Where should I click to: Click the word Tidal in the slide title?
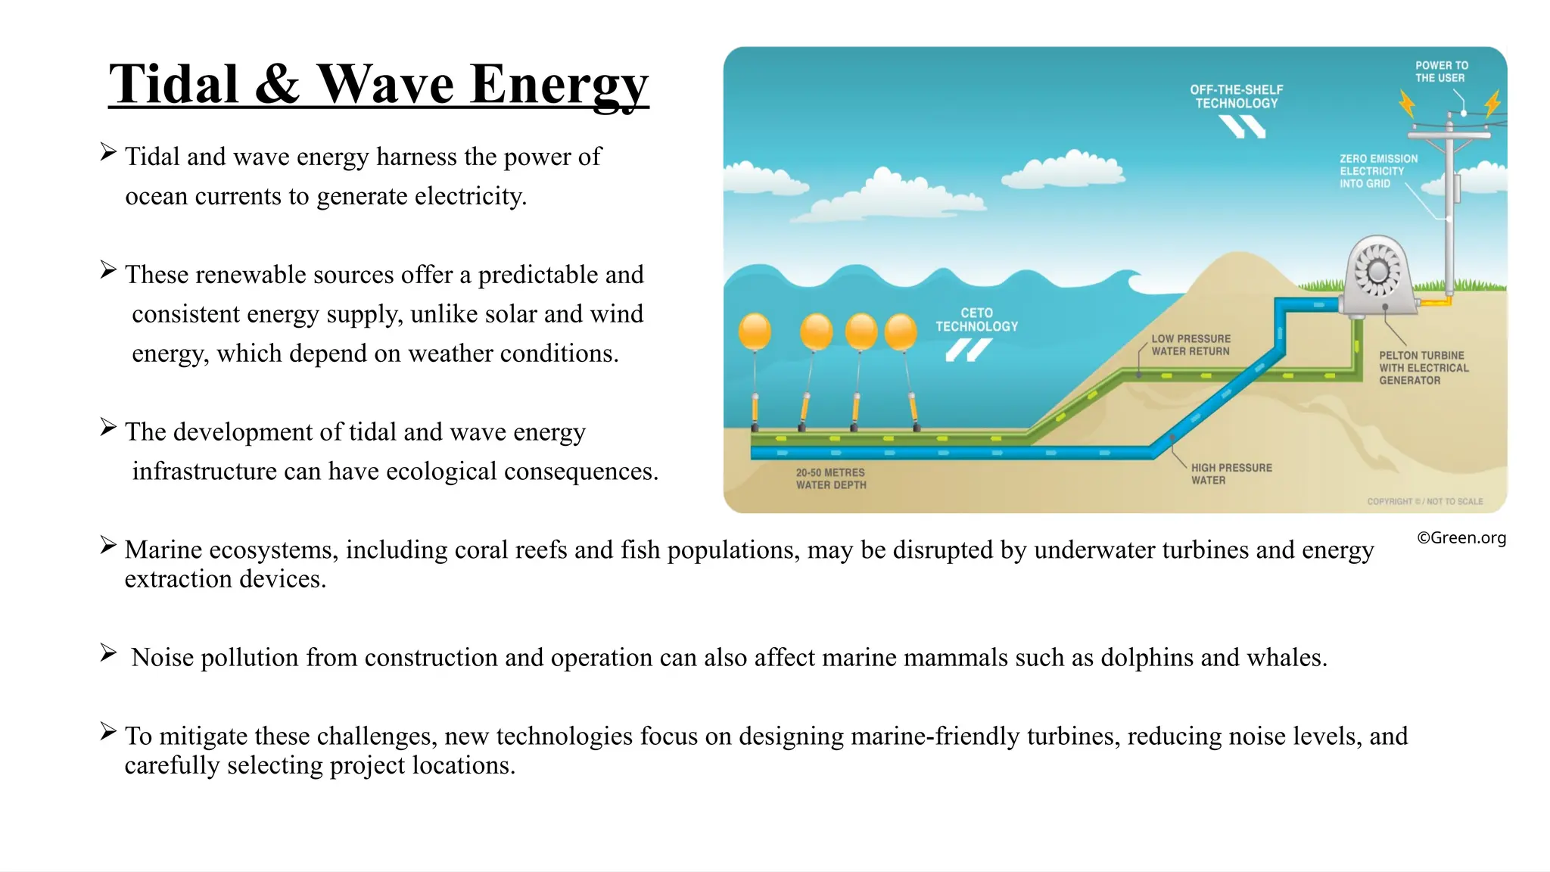(x=174, y=84)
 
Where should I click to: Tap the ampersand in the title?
(x=277, y=84)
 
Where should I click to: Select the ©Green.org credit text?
(x=1461, y=537)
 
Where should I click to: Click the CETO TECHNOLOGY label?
(x=976, y=319)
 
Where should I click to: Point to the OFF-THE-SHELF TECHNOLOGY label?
(x=1236, y=96)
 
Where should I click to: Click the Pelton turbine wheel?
(x=1377, y=271)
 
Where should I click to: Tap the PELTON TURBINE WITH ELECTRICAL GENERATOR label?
(x=1423, y=368)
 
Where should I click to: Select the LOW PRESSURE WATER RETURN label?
(x=1191, y=345)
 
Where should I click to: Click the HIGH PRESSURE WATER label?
(x=1231, y=474)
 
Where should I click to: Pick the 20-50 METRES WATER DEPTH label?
(x=830, y=478)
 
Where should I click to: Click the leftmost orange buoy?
(x=755, y=332)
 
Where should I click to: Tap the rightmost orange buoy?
(x=901, y=332)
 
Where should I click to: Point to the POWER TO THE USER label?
(x=1441, y=72)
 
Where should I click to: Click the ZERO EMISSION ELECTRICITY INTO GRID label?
(x=1378, y=171)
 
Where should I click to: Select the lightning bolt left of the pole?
(x=1407, y=104)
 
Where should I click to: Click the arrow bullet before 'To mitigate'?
(x=108, y=731)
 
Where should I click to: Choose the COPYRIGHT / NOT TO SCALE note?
(x=1424, y=501)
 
